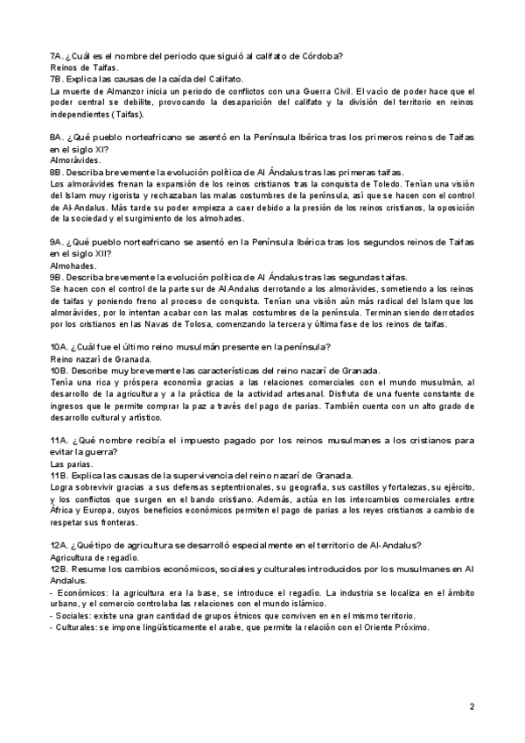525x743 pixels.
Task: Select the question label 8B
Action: click(58, 173)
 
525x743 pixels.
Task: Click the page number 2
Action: click(472, 705)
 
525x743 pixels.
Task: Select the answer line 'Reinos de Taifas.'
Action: click(84, 67)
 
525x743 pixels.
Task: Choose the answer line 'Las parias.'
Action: click(68, 463)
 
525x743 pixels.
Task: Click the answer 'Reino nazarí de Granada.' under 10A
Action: click(101, 359)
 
